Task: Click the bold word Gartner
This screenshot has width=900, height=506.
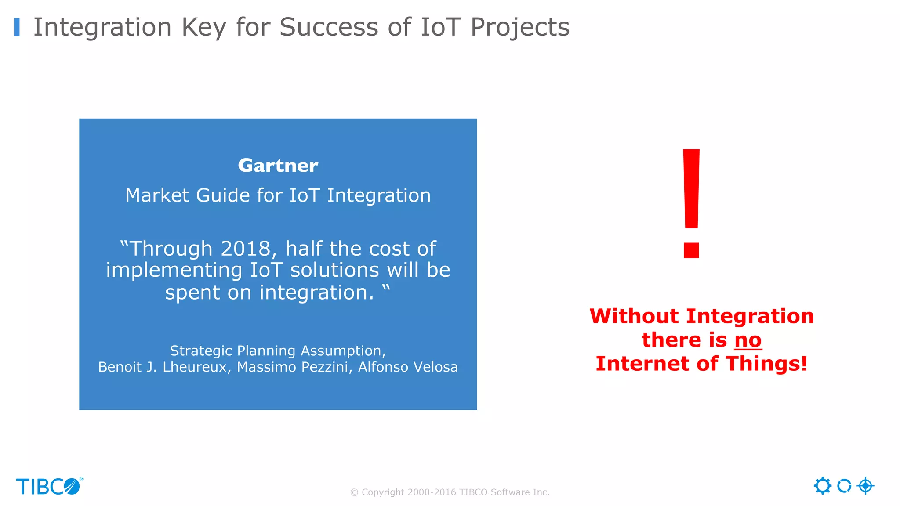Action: coord(278,166)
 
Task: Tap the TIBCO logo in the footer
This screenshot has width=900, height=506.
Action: coord(49,486)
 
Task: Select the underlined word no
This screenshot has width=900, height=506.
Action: coord(748,340)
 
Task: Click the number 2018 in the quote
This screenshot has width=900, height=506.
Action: coord(246,249)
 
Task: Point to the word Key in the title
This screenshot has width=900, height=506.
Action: coord(204,27)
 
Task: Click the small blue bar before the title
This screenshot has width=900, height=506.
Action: coord(17,27)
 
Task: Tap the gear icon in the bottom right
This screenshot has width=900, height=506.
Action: coord(822,486)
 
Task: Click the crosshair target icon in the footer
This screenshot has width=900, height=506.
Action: coord(865,486)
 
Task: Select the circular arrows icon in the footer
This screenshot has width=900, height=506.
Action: coord(844,486)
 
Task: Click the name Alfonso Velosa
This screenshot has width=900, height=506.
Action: coord(408,367)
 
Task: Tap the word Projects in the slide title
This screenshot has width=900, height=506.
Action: coord(519,27)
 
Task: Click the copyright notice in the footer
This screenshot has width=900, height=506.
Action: coord(450,492)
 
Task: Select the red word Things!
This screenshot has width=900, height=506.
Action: coord(766,364)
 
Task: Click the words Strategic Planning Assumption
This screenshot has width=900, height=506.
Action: coord(278,351)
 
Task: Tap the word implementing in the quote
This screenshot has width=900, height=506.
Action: coord(174,270)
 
